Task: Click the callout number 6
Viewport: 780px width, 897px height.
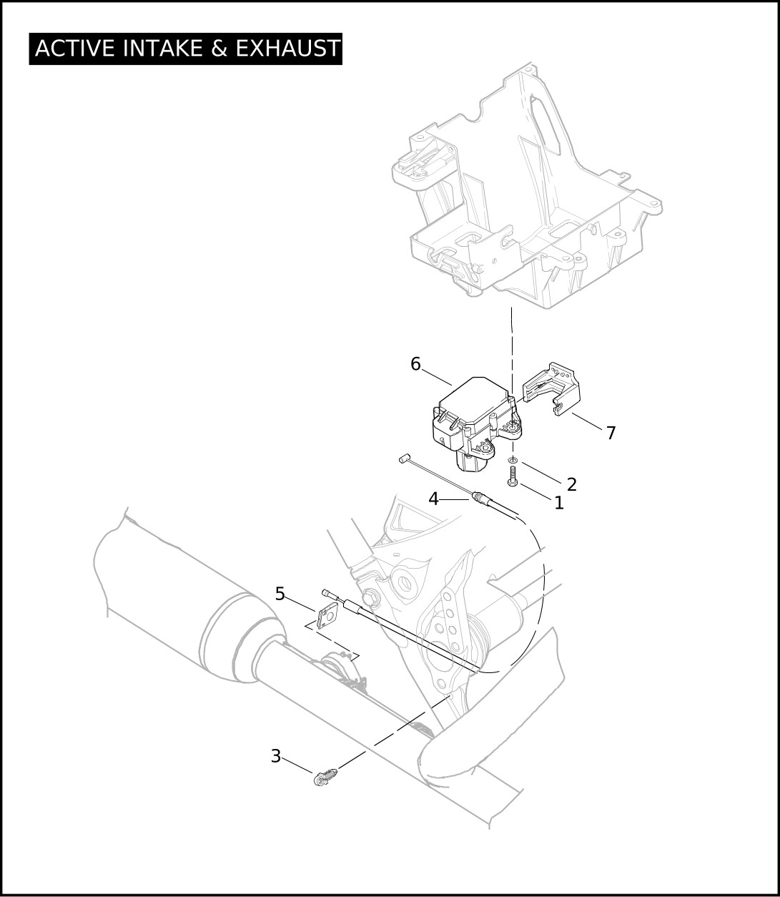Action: pyautogui.click(x=415, y=364)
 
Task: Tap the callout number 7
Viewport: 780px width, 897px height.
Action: pyautogui.click(x=611, y=433)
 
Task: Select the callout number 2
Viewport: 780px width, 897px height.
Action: pyautogui.click(x=571, y=484)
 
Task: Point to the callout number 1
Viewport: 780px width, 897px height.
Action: pyautogui.click(x=558, y=503)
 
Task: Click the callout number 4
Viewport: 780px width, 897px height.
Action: pyautogui.click(x=433, y=499)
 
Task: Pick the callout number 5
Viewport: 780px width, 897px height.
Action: pyautogui.click(x=280, y=594)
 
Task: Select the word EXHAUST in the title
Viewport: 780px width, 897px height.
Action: pyautogui.click(x=288, y=48)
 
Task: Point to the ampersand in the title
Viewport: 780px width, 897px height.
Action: pyautogui.click(x=219, y=48)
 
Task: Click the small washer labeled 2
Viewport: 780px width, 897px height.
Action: pyautogui.click(x=513, y=460)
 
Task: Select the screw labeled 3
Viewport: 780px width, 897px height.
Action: pyautogui.click(x=325, y=776)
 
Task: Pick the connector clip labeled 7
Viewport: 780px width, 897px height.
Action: pyautogui.click(x=551, y=389)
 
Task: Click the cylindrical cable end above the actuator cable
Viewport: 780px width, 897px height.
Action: pyautogui.click(x=403, y=459)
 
